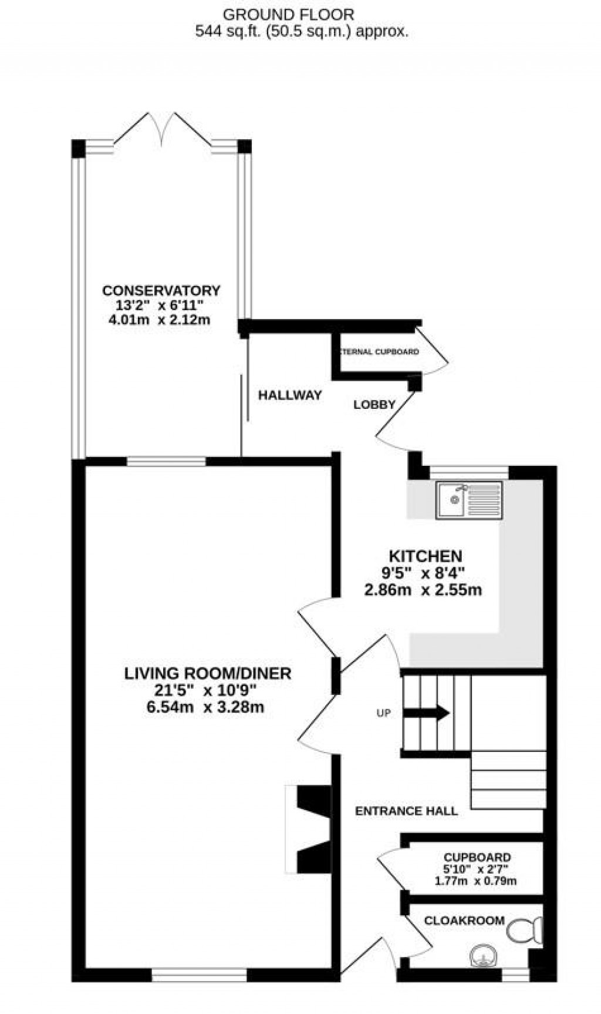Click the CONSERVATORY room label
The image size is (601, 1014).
pos(161,290)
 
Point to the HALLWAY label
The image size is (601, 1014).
pos(290,395)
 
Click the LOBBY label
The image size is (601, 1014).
pos(374,404)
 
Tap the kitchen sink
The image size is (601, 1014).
pos(469,500)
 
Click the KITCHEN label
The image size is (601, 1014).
pos(426,556)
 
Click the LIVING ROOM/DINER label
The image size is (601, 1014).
pos(208,673)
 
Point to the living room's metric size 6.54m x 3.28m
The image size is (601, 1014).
pos(205,707)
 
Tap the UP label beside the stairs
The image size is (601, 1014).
pos(383,713)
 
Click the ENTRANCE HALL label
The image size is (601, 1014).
pos(406,811)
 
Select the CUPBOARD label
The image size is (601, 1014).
pos(477,857)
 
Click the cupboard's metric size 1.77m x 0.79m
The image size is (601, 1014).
pos(475,881)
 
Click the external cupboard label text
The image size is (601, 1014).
pos(379,352)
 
